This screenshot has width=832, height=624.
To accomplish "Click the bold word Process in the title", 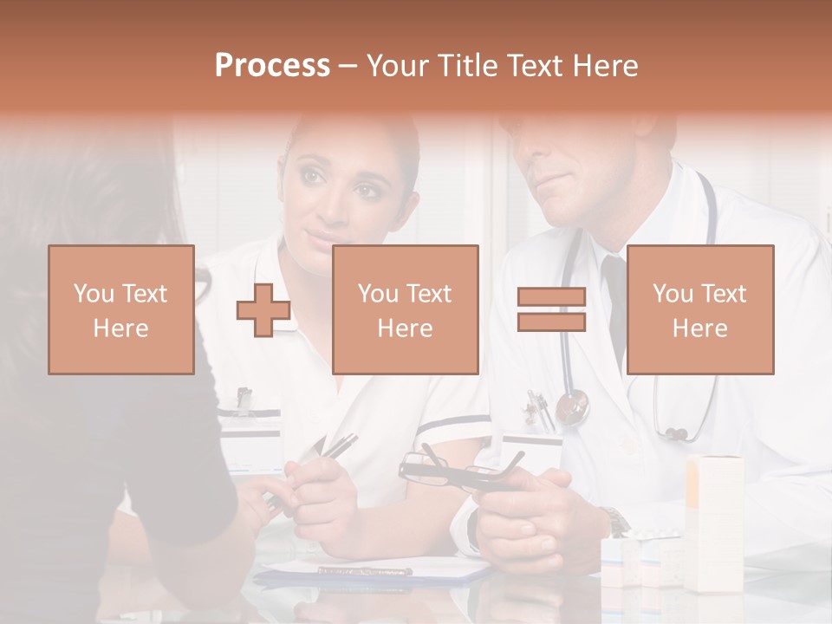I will (x=272, y=66).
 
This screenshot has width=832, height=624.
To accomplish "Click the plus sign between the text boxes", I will (x=263, y=310).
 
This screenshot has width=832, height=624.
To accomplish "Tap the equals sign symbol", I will (x=551, y=310).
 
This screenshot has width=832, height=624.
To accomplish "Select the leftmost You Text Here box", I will (x=121, y=310).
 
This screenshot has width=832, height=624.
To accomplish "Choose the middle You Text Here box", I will (x=406, y=310).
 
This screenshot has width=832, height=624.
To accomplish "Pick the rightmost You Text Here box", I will (x=700, y=310).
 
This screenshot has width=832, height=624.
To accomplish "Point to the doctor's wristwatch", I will (x=616, y=522).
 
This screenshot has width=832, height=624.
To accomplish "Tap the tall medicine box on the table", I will (x=714, y=520).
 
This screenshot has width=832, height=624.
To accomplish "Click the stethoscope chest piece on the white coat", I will (x=573, y=406).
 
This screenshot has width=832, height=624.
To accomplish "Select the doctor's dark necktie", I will (x=614, y=303).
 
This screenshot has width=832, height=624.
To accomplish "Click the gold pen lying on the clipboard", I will (x=364, y=570).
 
